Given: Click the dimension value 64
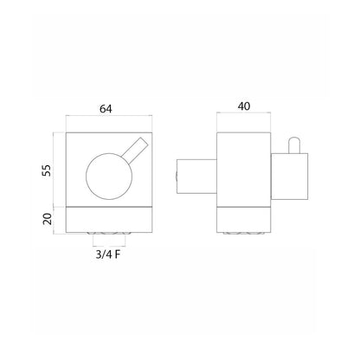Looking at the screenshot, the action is [106, 109].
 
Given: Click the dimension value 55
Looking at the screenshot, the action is [47, 170].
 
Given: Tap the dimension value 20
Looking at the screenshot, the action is [47, 219].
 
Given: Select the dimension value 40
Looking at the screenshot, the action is [244, 106].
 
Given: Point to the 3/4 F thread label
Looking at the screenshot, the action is [107, 254].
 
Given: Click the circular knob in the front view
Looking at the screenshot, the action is [109, 177].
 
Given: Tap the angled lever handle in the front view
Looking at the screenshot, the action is [135, 149].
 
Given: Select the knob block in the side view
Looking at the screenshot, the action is [290, 177].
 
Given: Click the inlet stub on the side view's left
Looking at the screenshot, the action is [196, 176].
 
